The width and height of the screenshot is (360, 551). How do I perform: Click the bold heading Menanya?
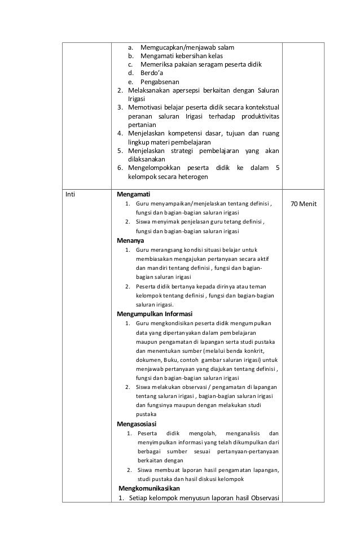point(130,240)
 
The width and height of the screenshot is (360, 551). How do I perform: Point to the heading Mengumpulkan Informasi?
point(155,313)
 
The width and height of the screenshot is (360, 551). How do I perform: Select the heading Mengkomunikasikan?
point(149,488)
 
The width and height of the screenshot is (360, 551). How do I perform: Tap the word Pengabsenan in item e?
point(160,81)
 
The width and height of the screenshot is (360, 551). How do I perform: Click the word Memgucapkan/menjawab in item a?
point(176,47)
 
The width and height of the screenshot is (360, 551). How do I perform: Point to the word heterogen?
point(192,177)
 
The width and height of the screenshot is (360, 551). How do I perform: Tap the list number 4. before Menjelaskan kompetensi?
point(120,134)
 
